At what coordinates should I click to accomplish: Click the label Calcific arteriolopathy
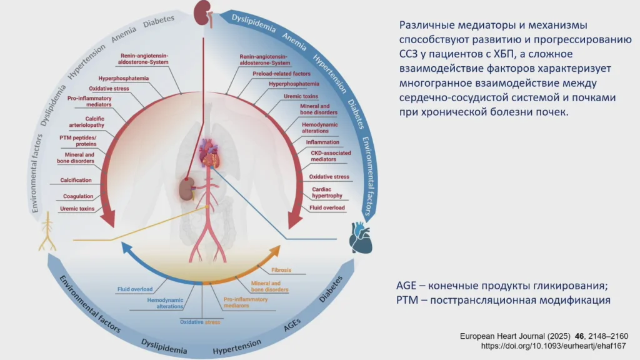81,122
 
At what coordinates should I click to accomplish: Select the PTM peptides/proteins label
77,141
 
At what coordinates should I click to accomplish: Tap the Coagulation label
78,196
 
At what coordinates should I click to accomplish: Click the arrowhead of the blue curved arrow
125,248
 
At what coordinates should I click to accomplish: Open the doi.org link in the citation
554,345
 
